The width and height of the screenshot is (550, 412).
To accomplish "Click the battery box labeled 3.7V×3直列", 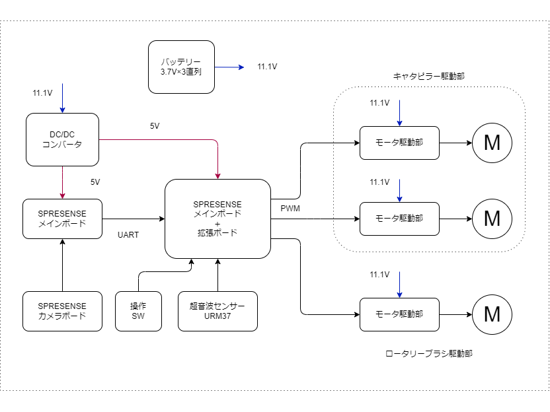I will (181, 66).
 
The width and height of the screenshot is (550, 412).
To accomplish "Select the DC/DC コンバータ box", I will (62, 139).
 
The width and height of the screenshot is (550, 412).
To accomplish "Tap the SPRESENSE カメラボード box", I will (62, 311).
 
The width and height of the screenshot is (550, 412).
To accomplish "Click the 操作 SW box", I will (138, 311).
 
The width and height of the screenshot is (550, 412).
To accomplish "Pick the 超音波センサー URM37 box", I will (217, 311).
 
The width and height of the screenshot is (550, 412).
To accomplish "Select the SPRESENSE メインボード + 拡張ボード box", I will (217, 219).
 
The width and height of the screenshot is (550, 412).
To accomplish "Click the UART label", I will (128, 234).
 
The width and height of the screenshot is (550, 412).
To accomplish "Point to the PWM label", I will (290, 209).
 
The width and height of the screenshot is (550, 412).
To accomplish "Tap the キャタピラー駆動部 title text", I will (428, 76).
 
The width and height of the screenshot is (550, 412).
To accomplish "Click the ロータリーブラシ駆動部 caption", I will (429, 354).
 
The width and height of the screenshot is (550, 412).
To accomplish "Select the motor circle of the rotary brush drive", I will (492, 314).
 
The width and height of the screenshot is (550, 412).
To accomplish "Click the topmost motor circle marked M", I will (492, 143).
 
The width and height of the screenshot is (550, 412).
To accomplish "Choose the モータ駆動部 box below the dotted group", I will (399, 314).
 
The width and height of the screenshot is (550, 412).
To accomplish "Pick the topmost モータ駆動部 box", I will (399, 143).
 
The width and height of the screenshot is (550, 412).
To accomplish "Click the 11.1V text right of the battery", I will (267, 67).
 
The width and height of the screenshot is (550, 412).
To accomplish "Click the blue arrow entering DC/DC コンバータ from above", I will (62, 98).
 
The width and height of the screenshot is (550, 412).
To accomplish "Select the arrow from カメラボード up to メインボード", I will (62, 265).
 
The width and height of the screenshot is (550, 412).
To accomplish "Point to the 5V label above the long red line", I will (155, 125).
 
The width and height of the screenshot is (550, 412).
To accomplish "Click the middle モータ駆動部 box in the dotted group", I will (399, 219).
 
